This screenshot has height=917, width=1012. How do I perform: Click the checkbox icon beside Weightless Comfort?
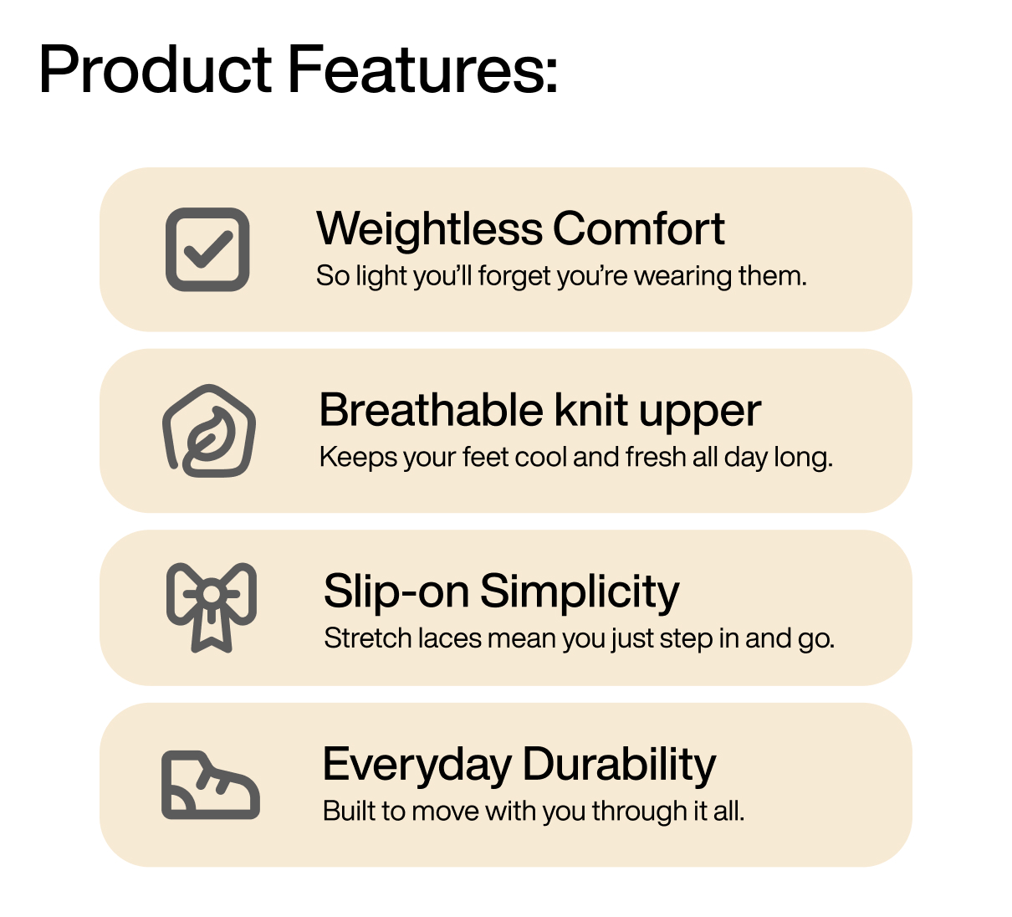click(x=207, y=249)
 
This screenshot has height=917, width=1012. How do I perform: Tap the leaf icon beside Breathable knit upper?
click(x=208, y=432)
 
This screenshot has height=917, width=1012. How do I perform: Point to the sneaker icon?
click(x=210, y=786)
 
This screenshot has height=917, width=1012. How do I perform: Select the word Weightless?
click(x=429, y=229)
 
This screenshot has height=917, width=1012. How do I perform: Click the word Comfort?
click(x=638, y=229)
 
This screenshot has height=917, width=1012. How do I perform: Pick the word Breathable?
click(x=431, y=411)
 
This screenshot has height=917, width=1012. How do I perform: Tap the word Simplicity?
click(x=580, y=593)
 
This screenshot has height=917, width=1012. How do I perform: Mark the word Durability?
click(x=619, y=766)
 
